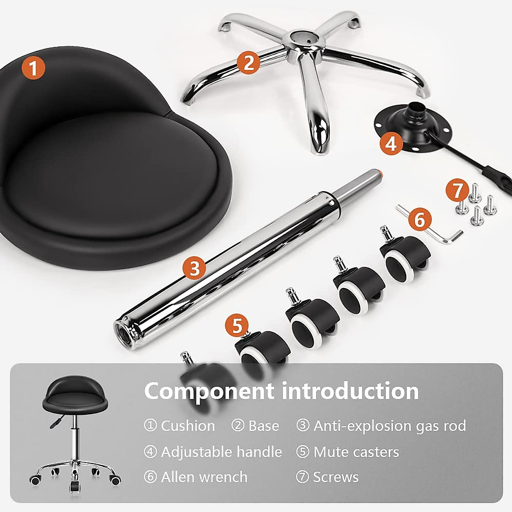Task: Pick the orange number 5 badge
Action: [x=237, y=326]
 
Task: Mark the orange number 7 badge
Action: [x=457, y=191]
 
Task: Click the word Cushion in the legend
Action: [x=188, y=426]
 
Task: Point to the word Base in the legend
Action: [x=263, y=426]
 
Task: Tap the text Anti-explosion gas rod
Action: [x=390, y=426]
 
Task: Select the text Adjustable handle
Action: [x=221, y=452]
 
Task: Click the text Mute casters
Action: [x=356, y=452]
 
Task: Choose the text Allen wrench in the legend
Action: [x=204, y=477]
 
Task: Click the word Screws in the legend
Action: [x=336, y=477]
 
